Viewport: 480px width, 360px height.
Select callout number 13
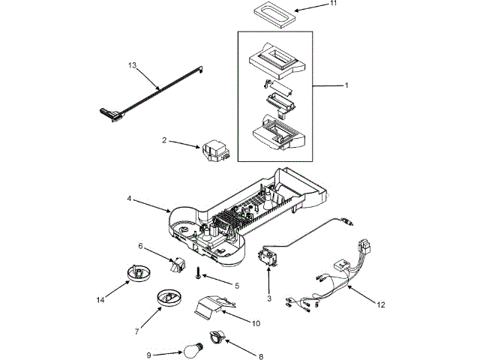pos(133,66)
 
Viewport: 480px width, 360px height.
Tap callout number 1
pos(346,85)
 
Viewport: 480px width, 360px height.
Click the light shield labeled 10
pos(211,307)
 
